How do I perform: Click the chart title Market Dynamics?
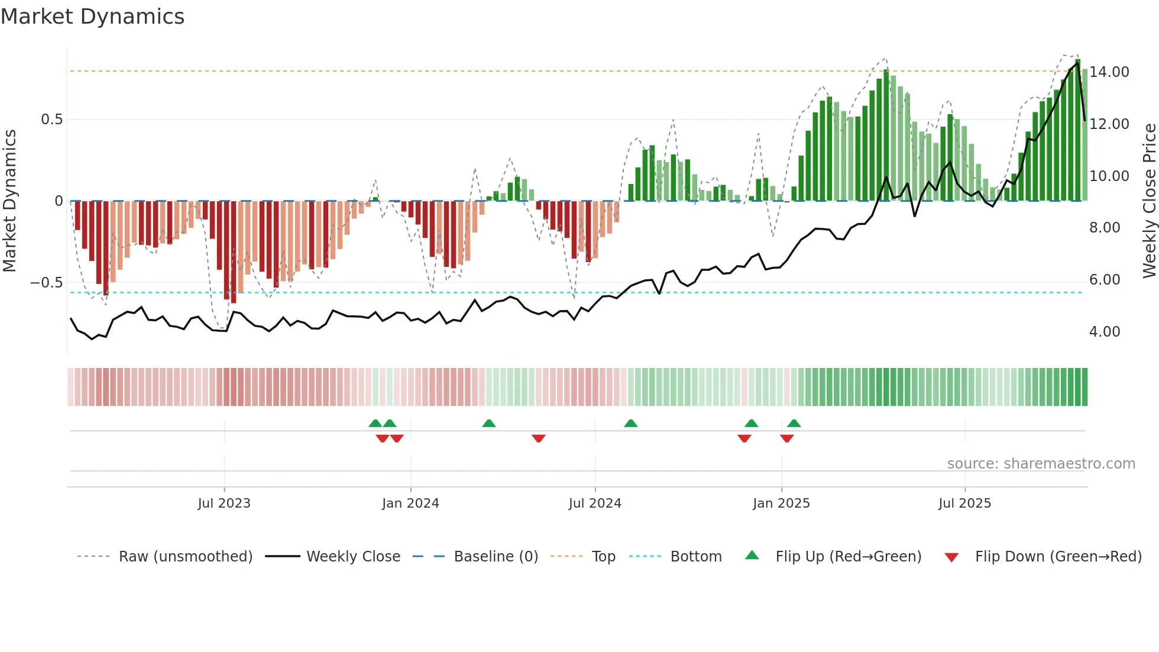92,17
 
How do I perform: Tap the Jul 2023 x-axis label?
224,503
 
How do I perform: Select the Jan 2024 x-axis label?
410,503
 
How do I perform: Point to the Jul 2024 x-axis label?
595,503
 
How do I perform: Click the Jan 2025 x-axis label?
781,503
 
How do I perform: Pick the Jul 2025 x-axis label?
964,503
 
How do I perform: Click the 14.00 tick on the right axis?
1109,72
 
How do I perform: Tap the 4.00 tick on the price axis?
1105,332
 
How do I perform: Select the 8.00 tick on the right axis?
1105,228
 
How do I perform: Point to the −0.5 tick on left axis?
46,283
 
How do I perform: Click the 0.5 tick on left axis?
51,120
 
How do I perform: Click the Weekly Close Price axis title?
1149,201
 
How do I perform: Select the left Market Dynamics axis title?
9,201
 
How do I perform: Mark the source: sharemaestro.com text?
1041,464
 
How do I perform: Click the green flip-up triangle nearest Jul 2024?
631,424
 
